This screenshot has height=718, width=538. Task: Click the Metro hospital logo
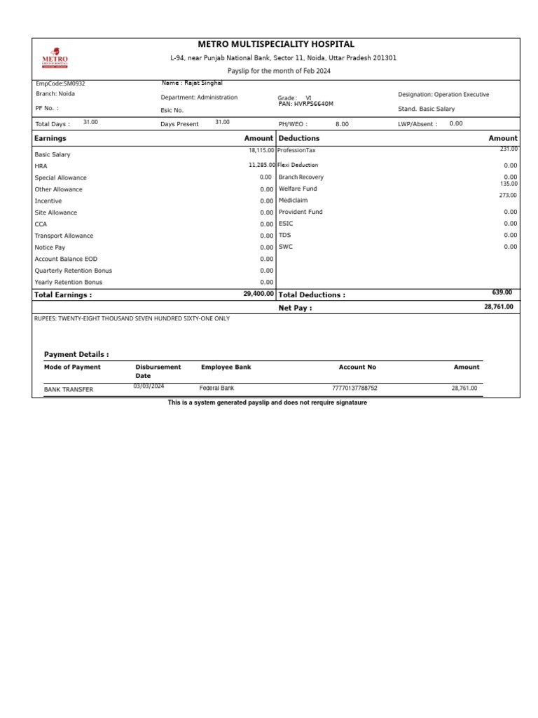point(55,58)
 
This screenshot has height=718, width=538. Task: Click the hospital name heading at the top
point(276,44)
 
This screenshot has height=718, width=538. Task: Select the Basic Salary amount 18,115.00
point(261,150)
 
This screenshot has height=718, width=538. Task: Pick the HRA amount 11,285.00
point(261,165)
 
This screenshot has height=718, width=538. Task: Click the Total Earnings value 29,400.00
point(258,294)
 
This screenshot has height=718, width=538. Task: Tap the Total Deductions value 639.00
point(502,292)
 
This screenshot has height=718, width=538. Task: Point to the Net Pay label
point(295,308)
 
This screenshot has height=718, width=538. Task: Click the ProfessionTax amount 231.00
point(508,149)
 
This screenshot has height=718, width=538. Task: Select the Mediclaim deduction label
point(293,201)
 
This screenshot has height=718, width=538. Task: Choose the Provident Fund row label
point(301,212)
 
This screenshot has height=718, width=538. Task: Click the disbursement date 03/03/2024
point(149,386)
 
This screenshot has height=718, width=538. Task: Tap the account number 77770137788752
point(354,388)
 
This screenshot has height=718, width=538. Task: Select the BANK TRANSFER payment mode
point(68,389)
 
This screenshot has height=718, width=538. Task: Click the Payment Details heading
point(76,355)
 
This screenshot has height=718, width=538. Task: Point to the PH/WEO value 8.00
point(342,124)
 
